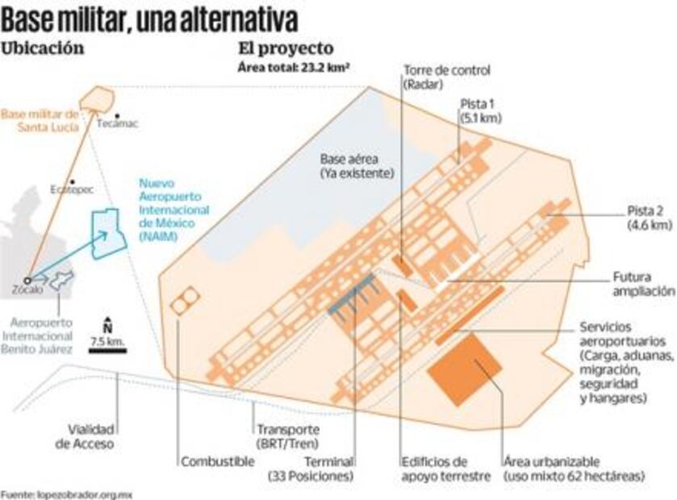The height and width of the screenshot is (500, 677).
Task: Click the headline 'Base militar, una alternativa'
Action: tap(149, 19)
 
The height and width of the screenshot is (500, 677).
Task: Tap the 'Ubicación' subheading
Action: tap(43, 48)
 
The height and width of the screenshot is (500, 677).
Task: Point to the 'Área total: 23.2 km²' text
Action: tap(294, 66)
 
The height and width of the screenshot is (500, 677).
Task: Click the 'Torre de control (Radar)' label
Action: tap(446, 77)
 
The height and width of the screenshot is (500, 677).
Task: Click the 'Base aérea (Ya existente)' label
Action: tap(355, 166)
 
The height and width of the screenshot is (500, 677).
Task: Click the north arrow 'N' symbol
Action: tap(107, 323)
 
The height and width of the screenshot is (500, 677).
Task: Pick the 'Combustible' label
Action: tap(217, 461)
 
